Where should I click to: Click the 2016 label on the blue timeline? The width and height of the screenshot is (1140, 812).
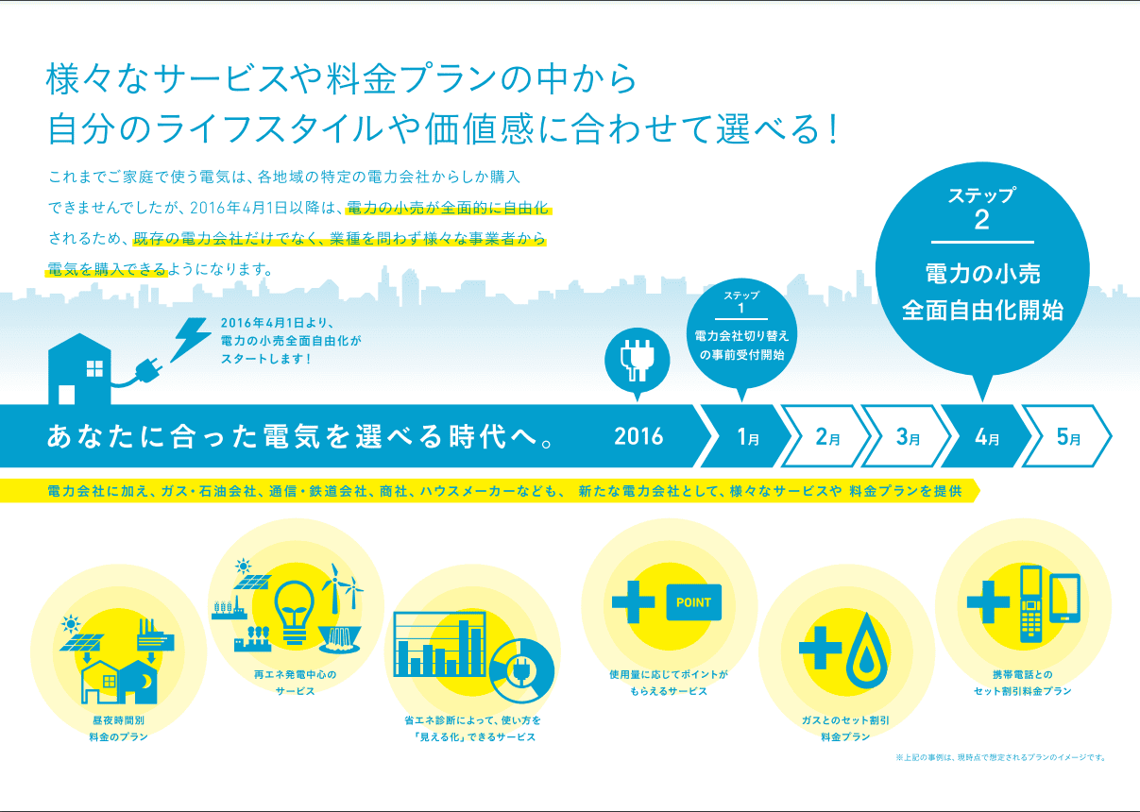point(638,436)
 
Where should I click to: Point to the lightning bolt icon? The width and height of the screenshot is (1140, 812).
point(192,338)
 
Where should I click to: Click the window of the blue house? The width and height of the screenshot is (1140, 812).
point(94,369)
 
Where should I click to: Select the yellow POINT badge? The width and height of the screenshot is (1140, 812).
point(694,601)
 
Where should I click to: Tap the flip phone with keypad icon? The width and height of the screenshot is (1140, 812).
point(1030,603)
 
